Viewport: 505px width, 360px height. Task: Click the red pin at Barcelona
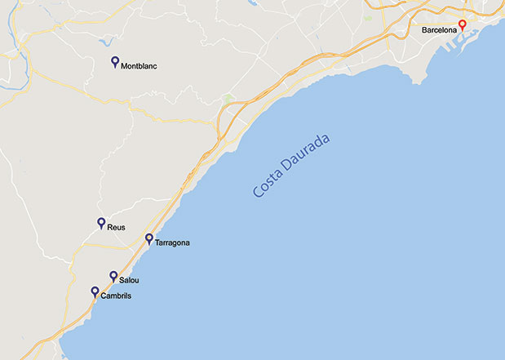click(462, 24)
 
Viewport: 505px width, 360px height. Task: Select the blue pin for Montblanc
click(115, 61)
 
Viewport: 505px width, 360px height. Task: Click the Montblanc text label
click(139, 66)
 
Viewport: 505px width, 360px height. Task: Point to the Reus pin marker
click(101, 222)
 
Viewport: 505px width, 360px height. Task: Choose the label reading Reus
click(116, 227)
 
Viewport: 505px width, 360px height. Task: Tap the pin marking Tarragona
click(149, 238)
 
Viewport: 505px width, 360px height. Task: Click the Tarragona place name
click(172, 243)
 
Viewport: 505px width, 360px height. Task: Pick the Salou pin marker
click(113, 276)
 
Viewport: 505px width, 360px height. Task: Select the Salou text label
click(130, 281)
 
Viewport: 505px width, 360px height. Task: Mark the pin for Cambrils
click(95, 291)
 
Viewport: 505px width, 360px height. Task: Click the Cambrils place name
click(115, 296)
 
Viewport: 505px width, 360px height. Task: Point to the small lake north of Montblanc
click(108, 42)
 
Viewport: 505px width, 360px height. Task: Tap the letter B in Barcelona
click(424, 30)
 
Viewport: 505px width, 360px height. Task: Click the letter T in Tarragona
click(157, 243)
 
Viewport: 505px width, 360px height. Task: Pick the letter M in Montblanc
click(124, 66)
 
